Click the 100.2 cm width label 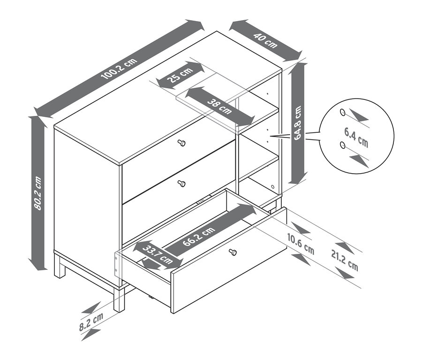coord(119,69)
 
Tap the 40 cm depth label coord(265,40)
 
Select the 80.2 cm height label coord(38,193)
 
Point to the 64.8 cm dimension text coord(297,123)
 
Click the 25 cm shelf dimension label coord(180,76)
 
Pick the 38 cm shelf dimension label coord(219,107)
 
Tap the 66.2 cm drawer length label coord(199,236)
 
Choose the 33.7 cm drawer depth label coord(158,255)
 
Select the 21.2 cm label coord(345,260)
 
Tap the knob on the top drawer coord(182,143)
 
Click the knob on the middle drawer coord(181,184)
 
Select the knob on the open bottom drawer coord(233,252)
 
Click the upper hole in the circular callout coord(343,112)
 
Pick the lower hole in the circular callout coord(342,145)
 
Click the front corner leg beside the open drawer coord(119,299)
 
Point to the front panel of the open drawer coord(229,260)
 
